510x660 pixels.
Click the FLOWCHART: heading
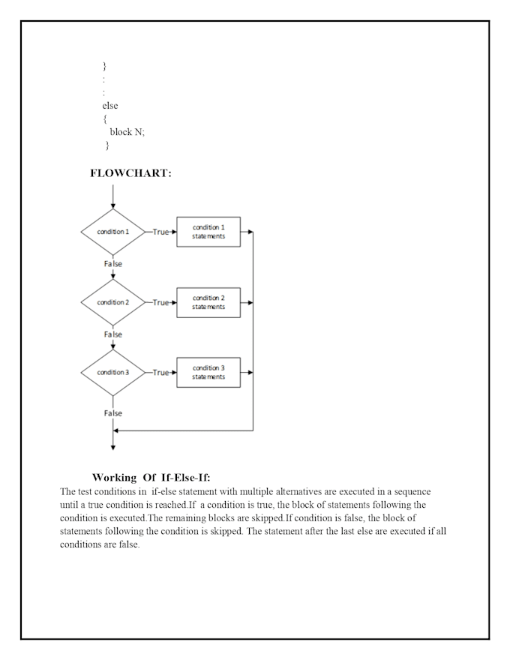[130, 173]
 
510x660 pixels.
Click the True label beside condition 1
[160, 232]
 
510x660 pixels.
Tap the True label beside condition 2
[160, 303]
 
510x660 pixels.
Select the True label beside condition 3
[160, 373]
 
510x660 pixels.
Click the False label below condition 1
[112, 264]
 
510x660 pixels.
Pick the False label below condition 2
[112, 334]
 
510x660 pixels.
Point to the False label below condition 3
[112, 413]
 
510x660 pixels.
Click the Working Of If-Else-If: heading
[151, 477]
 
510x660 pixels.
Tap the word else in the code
[109, 106]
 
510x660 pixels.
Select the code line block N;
[127, 132]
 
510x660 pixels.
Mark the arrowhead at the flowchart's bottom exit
[112, 448]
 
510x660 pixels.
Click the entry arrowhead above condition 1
[112, 206]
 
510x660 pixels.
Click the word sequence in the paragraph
[412, 492]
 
